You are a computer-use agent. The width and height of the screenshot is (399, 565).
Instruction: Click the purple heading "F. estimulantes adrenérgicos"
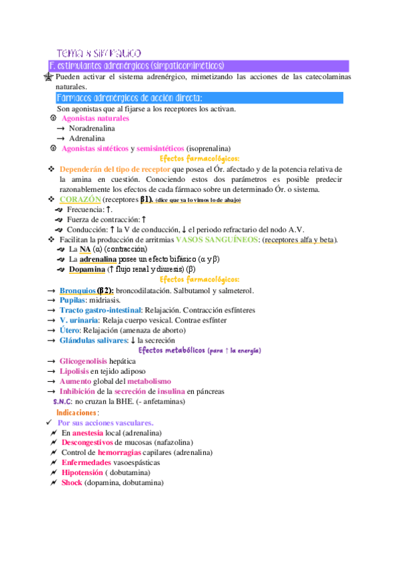[x=136, y=66]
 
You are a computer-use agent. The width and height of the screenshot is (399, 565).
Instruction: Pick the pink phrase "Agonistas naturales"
[x=95, y=118]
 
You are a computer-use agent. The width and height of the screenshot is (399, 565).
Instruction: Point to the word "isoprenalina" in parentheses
[x=208, y=148]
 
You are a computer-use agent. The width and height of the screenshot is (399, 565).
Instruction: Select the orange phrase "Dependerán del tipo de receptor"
[x=112, y=169]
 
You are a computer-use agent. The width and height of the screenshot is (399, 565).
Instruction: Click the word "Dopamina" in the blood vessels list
[x=87, y=269]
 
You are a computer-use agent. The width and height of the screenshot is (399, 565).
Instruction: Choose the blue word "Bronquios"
[x=77, y=290]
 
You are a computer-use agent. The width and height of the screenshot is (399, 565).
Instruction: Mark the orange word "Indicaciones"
[x=77, y=413]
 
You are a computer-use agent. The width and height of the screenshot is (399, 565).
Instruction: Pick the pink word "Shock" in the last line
[x=71, y=482]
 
